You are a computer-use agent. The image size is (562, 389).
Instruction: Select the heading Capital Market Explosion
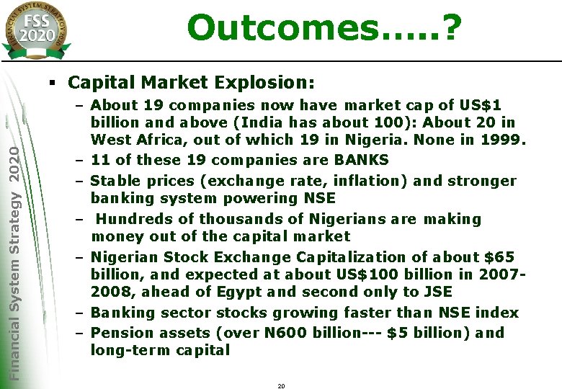point(192,83)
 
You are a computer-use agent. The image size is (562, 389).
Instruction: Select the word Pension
point(118,333)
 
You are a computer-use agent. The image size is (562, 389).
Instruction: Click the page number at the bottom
point(281,386)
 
